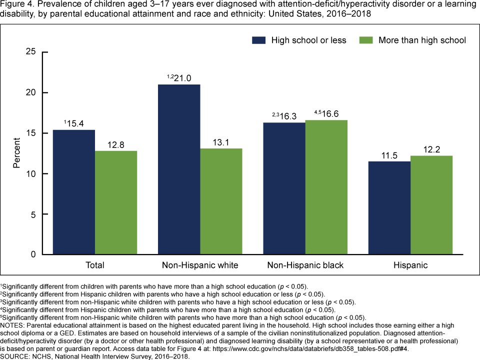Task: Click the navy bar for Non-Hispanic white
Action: pos(179,169)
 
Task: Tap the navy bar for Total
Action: pos(74,192)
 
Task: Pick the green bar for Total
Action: pos(116,203)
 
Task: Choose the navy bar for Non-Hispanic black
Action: pos(284,188)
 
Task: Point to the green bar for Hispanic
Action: pos(431,205)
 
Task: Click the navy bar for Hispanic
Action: pos(389,208)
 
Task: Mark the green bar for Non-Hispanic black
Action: pos(326,187)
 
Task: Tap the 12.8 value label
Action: pos(115,145)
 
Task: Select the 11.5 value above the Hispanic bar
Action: pos(389,155)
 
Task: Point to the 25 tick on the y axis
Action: pos(30,52)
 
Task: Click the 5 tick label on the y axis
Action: pos(33,214)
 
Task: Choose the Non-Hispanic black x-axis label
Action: pos(305,265)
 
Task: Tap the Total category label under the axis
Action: pos(95,265)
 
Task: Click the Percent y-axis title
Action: pos(16,153)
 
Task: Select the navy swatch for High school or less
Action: pos(259,40)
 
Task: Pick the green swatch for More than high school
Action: pos(367,40)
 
